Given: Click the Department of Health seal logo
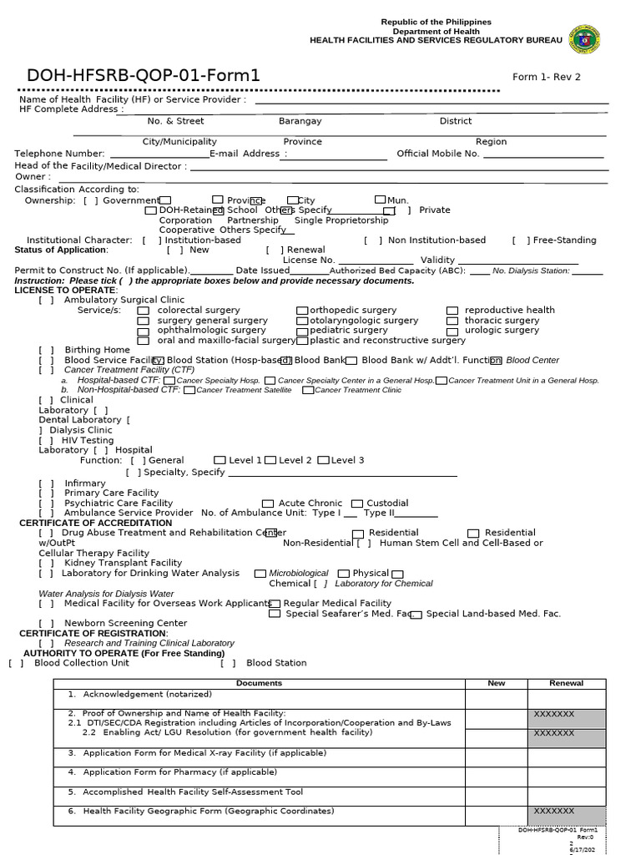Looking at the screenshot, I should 584,39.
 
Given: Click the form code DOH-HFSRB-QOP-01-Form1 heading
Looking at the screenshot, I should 144,76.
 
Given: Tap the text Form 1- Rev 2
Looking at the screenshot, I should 546,78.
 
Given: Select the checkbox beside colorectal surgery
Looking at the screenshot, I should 144,311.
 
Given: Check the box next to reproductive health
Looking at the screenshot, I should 452,311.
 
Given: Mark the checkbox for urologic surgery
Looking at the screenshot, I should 452,331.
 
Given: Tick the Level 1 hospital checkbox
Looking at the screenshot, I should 220,460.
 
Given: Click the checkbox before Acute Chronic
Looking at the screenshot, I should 268,503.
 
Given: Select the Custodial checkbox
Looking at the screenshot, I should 356,503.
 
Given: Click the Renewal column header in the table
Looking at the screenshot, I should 566,684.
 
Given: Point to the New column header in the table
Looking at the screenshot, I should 496,684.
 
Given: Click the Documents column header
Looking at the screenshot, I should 259,684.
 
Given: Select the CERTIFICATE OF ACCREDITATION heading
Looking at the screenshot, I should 95,523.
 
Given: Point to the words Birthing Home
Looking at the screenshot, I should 97,350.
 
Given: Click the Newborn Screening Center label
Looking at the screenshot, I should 125,623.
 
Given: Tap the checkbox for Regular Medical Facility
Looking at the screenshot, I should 275,603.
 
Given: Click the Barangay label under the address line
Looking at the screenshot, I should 300,121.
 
